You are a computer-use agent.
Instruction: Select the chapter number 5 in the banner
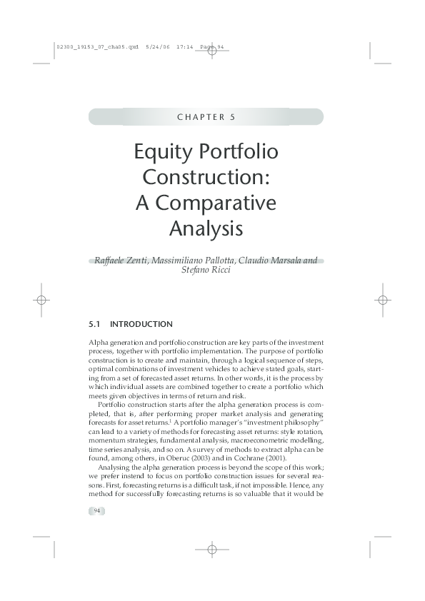[x=233, y=117]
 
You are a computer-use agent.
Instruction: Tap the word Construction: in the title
[x=206, y=178]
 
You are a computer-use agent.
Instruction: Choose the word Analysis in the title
[x=206, y=229]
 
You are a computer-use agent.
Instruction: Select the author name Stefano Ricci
[x=206, y=271]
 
